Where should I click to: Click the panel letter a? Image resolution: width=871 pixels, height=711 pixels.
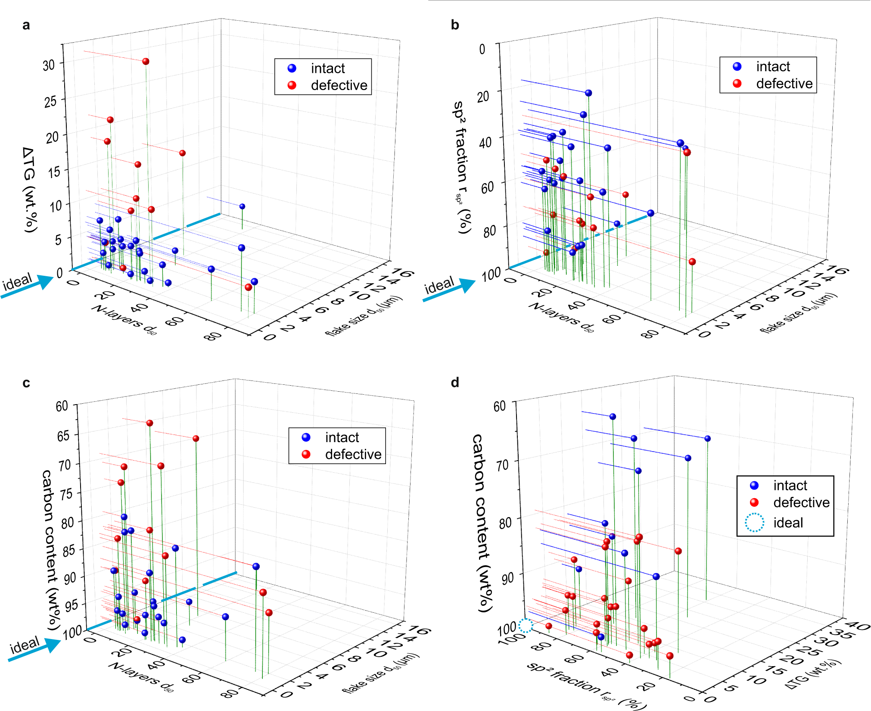(x=26, y=25)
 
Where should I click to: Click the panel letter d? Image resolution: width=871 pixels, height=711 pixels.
(x=455, y=383)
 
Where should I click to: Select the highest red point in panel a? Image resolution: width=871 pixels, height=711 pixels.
(x=146, y=62)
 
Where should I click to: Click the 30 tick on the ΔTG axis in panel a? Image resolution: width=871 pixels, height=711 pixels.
(x=49, y=65)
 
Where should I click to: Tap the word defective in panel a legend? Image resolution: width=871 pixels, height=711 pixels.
(x=339, y=85)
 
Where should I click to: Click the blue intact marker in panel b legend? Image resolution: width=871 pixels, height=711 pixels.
(x=737, y=66)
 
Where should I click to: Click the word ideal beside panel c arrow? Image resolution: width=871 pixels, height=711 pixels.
(x=25, y=645)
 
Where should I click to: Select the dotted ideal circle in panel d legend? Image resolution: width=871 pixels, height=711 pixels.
(x=754, y=523)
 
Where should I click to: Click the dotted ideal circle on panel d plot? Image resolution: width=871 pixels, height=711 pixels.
(x=526, y=625)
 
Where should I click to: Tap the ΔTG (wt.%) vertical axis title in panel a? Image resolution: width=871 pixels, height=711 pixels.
(x=30, y=190)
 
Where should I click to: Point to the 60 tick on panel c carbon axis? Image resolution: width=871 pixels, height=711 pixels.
(x=62, y=406)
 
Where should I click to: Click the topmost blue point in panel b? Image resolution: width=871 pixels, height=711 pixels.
(x=588, y=93)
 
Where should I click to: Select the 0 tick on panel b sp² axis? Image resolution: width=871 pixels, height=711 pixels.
(x=482, y=49)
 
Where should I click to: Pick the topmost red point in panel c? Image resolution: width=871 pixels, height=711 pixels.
(x=149, y=423)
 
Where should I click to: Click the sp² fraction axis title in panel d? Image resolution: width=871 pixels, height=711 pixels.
(x=586, y=685)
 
